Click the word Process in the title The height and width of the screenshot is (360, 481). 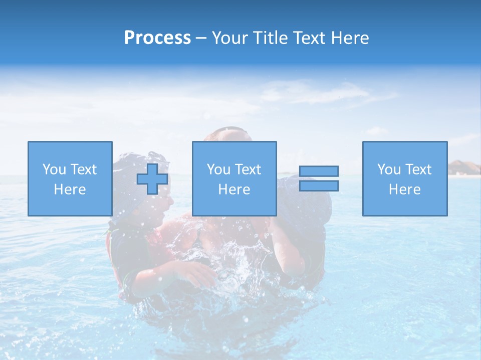(157, 38)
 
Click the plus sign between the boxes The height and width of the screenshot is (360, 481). (152, 179)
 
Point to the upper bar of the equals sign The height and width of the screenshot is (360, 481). (319, 171)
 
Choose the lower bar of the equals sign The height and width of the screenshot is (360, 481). (319, 185)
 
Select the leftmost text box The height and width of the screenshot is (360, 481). (70, 178)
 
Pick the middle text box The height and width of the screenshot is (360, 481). (234, 178)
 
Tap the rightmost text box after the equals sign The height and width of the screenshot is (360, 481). (404, 178)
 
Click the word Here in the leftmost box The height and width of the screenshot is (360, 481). (70, 189)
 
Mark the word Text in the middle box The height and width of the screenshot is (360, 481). (248, 169)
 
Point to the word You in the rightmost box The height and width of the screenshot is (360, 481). (389, 169)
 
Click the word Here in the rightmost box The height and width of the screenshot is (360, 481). (404, 189)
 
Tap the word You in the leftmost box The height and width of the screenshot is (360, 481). (54, 169)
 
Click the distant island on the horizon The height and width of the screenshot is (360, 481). (464, 168)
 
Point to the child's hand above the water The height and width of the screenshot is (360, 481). (197, 272)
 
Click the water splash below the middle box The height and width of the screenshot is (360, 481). (235, 265)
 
